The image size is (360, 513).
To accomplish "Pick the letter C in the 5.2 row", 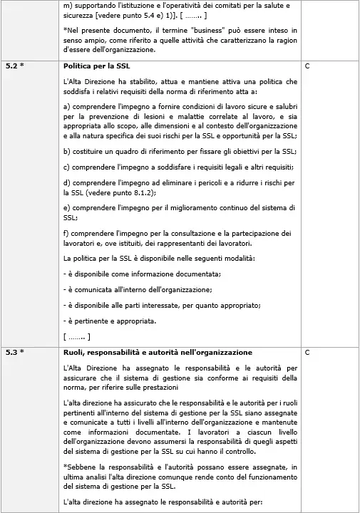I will (307, 65).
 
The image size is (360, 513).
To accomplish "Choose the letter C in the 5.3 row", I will (307, 352).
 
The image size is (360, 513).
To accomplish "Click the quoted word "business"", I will (196, 31).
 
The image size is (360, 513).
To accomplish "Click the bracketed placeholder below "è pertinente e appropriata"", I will (76, 336).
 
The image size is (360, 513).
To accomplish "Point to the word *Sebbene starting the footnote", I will (82, 467).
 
